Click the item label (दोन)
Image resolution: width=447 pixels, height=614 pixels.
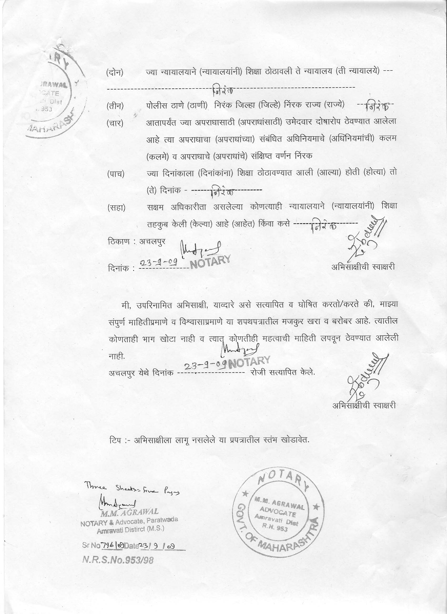(x=115, y=72)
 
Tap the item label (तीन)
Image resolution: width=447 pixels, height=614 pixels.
(x=115, y=106)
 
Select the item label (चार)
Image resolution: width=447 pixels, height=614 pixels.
(x=115, y=123)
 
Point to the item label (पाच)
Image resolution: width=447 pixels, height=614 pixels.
(x=115, y=174)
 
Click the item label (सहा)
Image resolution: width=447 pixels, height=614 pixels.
(x=116, y=208)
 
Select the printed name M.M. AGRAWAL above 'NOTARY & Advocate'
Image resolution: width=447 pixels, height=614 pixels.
(x=129, y=512)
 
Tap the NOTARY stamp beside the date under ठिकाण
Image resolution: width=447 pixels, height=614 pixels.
(x=210, y=262)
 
